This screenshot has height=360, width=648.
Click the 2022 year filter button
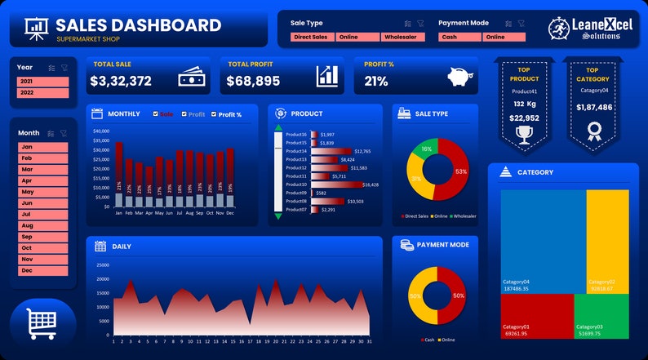(x=42, y=93)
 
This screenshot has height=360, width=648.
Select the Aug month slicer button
(x=42, y=225)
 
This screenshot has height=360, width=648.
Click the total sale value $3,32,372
(x=121, y=81)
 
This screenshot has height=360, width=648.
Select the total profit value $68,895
(x=254, y=81)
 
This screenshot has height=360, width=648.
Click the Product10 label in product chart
(x=295, y=184)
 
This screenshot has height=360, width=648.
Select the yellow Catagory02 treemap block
(x=607, y=241)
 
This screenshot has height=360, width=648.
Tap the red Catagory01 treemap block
(x=536, y=317)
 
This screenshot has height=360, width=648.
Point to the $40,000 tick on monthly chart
(x=101, y=131)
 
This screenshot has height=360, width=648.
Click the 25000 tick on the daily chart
(x=102, y=264)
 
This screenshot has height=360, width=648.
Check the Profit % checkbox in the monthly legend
(x=214, y=114)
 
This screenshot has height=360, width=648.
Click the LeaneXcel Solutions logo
(x=579, y=29)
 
